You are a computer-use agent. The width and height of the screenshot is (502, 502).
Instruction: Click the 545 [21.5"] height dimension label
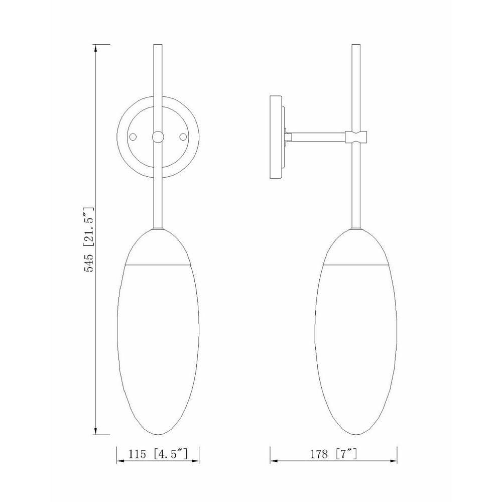pyautogui.click(x=89, y=239)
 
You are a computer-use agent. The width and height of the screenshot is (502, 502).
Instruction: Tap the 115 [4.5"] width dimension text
pyautogui.click(x=158, y=454)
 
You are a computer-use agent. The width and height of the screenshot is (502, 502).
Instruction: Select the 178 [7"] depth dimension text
pyautogui.click(x=333, y=454)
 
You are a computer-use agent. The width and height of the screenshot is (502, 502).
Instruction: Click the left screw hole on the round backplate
pyautogui.click(x=133, y=137)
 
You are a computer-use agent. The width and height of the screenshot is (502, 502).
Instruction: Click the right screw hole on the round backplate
pyautogui.click(x=183, y=137)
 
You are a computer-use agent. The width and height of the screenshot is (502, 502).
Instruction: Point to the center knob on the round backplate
pyautogui.click(x=158, y=137)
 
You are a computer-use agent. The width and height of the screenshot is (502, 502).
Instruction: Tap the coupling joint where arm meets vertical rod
pyautogui.click(x=356, y=137)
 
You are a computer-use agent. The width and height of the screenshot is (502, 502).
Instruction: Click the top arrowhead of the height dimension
pyautogui.click(x=95, y=49)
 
